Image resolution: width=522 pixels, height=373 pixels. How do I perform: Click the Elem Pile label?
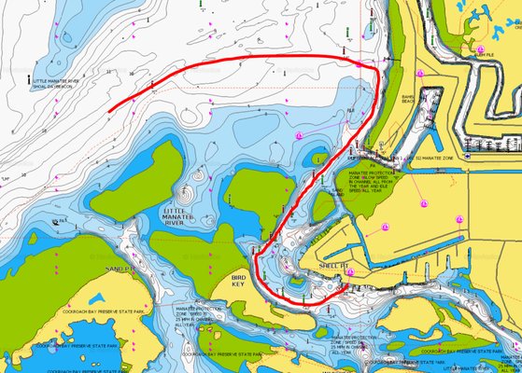tap(485, 54)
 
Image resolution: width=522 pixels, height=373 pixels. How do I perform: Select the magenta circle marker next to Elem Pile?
tap(479, 48)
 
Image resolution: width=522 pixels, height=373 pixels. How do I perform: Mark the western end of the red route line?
tap(109, 112)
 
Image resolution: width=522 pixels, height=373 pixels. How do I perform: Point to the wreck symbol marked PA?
tap(59, 221)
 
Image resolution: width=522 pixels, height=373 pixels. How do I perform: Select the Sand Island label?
tap(337, 192)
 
